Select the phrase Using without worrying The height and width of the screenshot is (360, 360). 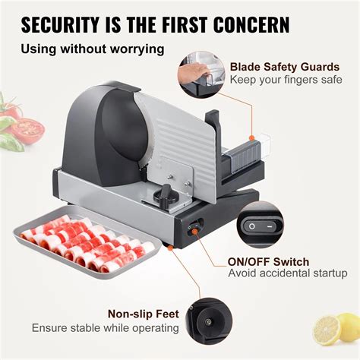93,50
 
